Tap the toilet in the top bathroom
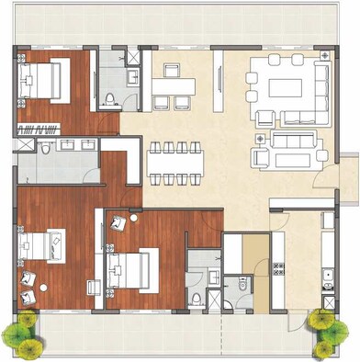pyautogui.click(x=110, y=98)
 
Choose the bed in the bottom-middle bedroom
pyautogui.click(x=129, y=267)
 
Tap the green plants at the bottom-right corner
pyautogui.click(x=322, y=332)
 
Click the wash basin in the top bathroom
pyautogui.click(x=132, y=77)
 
